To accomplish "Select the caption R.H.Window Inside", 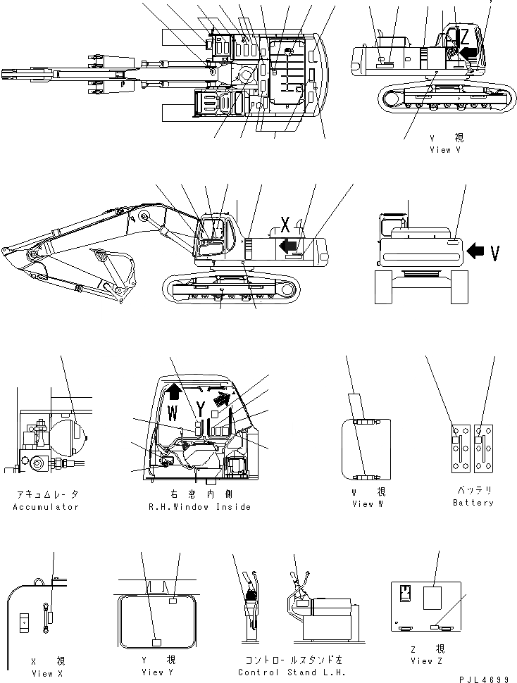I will [x=199, y=507].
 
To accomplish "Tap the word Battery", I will [x=473, y=503].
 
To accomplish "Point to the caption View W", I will [x=368, y=503].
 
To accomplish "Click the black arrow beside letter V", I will [x=478, y=249].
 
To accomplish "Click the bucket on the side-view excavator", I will [x=116, y=266].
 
